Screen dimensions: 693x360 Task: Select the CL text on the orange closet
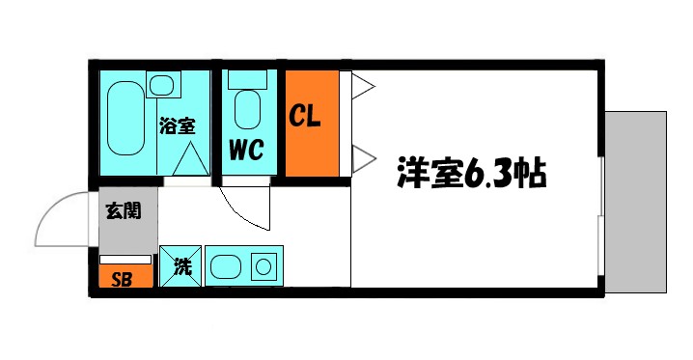click(x=307, y=117)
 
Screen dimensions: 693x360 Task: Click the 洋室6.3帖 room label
click(x=471, y=175)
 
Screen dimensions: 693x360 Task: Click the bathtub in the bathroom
click(x=125, y=119)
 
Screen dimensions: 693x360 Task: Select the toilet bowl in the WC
click(x=247, y=110)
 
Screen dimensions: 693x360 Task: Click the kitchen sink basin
click(x=230, y=266)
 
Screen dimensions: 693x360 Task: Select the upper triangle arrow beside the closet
click(x=361, y=86)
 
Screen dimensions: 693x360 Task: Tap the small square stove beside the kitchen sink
click(x=263, y=266)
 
